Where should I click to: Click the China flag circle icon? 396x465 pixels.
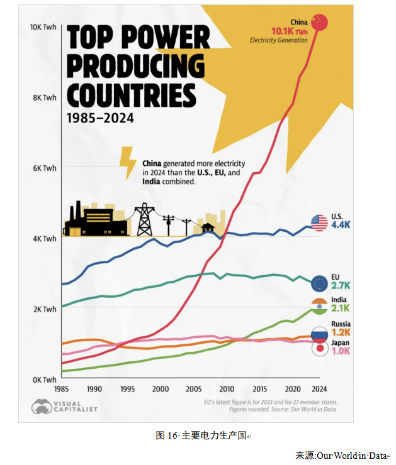(320, 22)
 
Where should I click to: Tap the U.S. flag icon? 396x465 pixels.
(319, 222)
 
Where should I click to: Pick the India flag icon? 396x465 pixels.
(319, 306)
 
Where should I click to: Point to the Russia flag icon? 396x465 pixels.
(319, 334)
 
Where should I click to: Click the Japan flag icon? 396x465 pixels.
(319, 348)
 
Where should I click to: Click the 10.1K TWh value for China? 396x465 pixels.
(289, 31)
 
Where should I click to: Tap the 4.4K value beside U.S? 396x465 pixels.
(341, 226)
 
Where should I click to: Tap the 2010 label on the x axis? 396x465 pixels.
(226, 388)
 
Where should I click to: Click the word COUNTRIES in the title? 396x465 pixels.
(131, 95)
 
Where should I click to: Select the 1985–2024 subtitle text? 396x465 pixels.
(100, 118)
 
